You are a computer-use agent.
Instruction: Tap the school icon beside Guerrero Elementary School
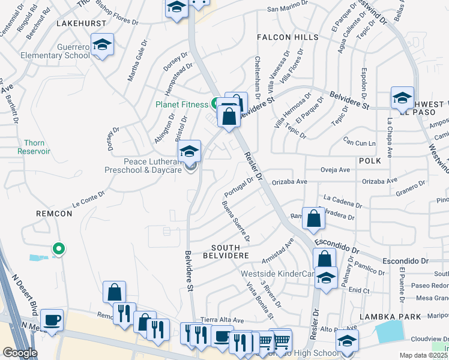click(103, 46)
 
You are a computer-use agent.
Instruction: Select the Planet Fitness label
click(182, 104)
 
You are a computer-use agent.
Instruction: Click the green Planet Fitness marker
click(214, 103)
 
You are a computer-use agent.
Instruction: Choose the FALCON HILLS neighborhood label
click(288, 37)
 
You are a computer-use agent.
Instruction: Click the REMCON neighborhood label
click(53, 213)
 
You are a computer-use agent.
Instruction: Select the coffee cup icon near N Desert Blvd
click(52, 319)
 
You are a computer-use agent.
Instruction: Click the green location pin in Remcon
click(58, 248)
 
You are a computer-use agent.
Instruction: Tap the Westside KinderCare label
click(277, 274)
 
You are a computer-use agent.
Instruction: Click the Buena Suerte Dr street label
click(236, 219)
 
